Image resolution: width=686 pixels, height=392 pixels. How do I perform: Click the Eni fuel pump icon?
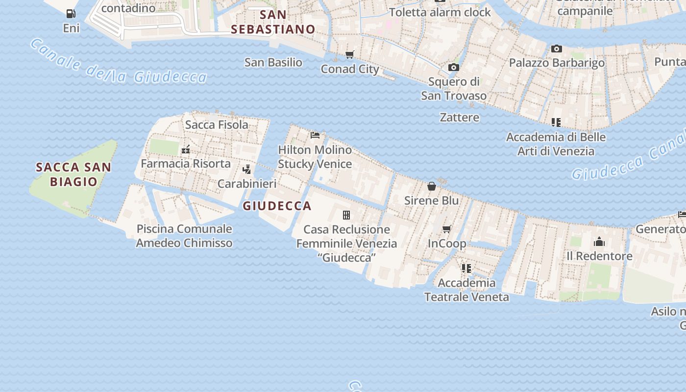coord(71,14)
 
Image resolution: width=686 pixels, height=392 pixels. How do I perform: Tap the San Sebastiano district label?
coord(273,22)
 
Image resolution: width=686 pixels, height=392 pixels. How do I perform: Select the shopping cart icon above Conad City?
coord(349,54)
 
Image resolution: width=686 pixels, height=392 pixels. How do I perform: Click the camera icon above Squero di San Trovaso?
coord(454,67)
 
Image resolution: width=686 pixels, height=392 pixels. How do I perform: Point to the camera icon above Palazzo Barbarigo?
coord(556,49)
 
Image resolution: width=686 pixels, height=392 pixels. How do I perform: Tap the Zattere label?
coord(459,117)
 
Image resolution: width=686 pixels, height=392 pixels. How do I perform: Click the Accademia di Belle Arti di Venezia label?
coord(556,144)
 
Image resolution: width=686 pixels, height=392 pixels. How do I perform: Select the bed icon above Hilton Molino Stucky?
coord(315,135)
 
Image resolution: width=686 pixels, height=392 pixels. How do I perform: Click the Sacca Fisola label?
coord(217,124)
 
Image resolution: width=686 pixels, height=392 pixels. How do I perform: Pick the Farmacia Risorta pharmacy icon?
coord(186,149)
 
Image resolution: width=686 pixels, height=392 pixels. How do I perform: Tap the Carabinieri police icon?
coord(247,170)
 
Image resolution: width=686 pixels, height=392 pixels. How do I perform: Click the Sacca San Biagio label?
coord(73,174)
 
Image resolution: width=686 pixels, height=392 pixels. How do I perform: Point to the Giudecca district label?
coord(277,206)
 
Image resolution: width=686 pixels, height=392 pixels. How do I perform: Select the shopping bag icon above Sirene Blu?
coord(432,186)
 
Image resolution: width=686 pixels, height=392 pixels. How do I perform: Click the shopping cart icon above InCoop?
coord(447,229)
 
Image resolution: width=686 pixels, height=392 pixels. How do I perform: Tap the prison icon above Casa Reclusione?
coord(346,215)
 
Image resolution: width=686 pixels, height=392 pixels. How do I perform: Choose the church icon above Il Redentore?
coord(599,242)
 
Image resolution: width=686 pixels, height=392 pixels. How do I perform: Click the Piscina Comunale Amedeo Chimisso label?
coord(184,236)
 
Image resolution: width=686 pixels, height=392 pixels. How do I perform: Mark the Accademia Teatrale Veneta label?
coord(466,290)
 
